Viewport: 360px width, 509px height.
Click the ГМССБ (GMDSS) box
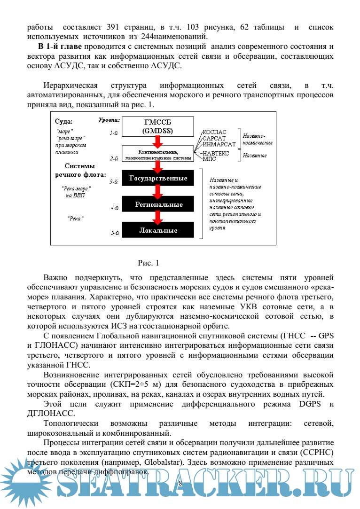pyautogui.click(x=158, y=126)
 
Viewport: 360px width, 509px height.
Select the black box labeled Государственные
pyautogui.click(x=158, y=178)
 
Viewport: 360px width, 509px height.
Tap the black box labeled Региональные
pyautogui.click(x=158, y=205)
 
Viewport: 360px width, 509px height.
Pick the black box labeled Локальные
pyautogui.click(x=158, y=230)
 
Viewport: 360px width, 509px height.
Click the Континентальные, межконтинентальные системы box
pyautogui.click(x=158, y=155)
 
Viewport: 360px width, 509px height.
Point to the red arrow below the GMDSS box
pyautogui.click(x=158, y=141)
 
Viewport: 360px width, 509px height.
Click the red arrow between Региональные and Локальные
pyautogui.click(x=158, y=217)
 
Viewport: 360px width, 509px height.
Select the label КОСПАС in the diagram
pyautogui.click(x=215, y=133)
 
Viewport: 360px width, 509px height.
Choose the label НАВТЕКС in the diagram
pyautogui.click(x=217, y=153)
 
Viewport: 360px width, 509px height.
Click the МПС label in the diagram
pyautogui.click(x=210, y=159)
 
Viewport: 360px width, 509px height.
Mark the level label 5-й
pyautogui.click(x=114, y=233)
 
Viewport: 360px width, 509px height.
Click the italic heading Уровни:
pyautogui.click(x=109, y=120)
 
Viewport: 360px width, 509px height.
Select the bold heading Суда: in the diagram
pyautogui.click(x=64, y=121)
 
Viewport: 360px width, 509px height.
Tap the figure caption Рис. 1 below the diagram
pyautogui.click(x=149, y=262)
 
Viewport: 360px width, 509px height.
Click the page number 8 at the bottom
pyautogui.click(x=180, y=484)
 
